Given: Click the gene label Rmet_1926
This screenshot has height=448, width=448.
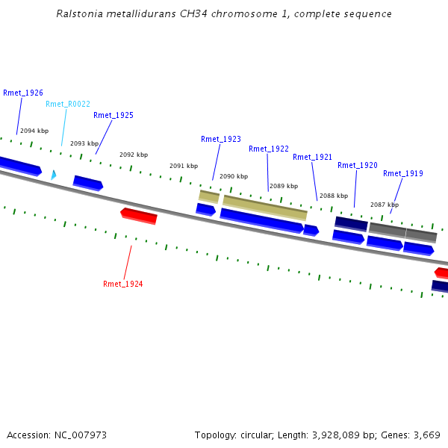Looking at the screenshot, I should click(x=23, y=93).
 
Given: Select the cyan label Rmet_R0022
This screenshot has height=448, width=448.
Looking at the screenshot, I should click(x=68, y=105).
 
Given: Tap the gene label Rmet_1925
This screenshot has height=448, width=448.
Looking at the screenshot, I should click(x=113, y=116).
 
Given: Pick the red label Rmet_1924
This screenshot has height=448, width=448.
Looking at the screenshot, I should click(x=123, y=284).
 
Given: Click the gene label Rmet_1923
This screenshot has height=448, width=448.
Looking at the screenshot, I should click(x=221, y=140).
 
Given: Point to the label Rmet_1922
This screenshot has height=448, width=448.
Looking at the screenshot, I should click(x=269, y=149).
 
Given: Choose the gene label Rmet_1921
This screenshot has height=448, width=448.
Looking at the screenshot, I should click(x=313, y=158).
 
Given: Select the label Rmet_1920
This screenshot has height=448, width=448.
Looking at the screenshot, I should click(x=358, y=166).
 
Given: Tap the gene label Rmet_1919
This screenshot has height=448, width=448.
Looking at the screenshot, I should click(x=403, y=174).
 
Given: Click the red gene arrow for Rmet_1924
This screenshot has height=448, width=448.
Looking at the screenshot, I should click(x=139, y=216).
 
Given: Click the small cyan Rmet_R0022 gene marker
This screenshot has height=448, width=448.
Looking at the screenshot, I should click(x=53, y=175).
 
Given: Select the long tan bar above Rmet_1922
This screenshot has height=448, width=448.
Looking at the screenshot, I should click(x=265, y=207).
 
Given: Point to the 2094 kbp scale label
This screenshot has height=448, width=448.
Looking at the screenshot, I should click(x=34, y=131).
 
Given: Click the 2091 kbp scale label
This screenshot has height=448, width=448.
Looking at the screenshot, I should click(x=184, y=167).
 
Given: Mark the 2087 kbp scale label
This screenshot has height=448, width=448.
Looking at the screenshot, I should click(x=385, y=205).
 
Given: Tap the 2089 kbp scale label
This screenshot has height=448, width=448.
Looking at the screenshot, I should click(x=284, y=187).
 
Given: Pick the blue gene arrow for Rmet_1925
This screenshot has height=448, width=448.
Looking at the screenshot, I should click(x=88, y=183).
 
